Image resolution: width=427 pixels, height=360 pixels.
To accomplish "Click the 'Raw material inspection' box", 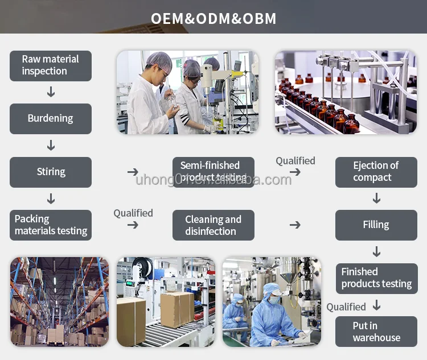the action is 51,65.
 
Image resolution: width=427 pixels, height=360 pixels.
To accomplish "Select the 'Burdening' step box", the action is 51,118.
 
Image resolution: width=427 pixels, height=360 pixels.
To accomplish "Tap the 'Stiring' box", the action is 51,172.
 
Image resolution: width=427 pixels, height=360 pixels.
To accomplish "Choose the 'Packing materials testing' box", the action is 51,225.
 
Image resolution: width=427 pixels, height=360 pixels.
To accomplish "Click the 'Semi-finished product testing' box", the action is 213,172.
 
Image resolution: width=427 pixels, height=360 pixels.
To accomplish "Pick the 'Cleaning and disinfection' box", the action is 213,225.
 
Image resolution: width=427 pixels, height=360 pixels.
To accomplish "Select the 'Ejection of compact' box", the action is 376,172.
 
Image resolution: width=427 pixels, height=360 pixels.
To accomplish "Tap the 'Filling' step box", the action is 376,225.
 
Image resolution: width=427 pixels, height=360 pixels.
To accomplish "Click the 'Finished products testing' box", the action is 376,278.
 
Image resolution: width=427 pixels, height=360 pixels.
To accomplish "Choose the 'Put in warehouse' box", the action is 376,332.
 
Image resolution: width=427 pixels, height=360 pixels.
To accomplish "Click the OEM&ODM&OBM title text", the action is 213,18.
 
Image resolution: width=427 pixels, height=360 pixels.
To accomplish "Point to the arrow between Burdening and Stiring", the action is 51,146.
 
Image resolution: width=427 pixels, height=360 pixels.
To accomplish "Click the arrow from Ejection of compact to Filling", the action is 376,198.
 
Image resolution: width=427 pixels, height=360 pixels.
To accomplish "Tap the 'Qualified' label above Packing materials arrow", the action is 133,213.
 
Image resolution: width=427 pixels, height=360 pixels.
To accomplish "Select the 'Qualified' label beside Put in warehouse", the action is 346,307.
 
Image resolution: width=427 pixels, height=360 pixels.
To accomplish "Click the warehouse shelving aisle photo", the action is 59,302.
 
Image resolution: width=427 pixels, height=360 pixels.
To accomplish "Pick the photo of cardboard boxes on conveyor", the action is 166,302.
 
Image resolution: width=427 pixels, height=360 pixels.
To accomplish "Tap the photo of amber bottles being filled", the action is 346,92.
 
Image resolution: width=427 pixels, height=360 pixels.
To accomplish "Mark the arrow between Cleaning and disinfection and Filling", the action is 295,225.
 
